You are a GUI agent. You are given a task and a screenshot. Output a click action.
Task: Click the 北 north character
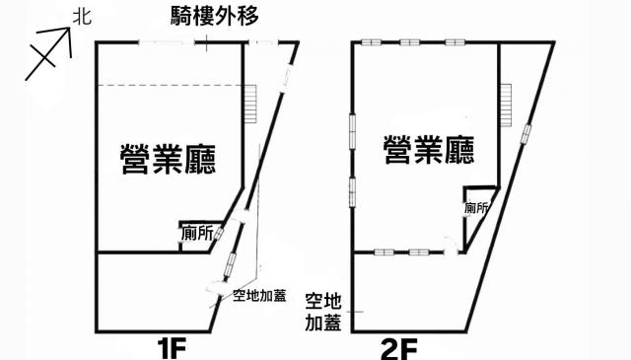tap(83, 18)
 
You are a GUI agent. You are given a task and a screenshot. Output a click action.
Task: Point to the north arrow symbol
tap(48, 53)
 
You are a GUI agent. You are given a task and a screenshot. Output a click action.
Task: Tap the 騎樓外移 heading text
tap(215, 17)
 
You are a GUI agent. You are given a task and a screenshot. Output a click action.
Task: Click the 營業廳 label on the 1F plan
tap(169, 159)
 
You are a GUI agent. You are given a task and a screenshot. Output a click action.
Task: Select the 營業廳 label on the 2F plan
tap(429, 149)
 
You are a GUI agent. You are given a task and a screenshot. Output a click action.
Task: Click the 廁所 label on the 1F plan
tap(197, 234)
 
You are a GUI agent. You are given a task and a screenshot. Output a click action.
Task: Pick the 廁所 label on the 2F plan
tap(476, 208)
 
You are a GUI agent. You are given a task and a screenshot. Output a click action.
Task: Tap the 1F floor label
tap(172, 348)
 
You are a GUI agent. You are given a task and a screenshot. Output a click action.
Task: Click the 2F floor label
tap(398, 349)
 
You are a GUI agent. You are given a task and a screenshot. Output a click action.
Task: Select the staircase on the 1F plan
tap(250, 104)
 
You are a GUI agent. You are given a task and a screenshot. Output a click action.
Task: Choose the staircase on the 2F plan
tap(506, 105)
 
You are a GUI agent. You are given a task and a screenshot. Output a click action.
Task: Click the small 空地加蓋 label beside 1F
tap(259, 296)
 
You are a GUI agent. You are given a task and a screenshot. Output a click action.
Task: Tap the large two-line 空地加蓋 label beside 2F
tap(323, 312)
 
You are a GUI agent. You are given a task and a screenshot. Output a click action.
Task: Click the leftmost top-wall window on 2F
tap(371, 41)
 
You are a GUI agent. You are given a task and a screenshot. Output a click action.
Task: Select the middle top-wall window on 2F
tap(410, 41)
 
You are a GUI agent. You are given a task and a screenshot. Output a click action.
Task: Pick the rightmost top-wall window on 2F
tap(456, 41)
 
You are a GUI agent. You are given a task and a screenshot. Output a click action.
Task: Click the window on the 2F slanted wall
tap(526, 134)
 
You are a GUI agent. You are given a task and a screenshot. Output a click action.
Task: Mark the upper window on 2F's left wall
tap(353, 131)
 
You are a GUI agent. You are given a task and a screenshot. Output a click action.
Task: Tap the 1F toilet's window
tap(219, 234)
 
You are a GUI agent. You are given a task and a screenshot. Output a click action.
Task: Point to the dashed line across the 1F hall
tap(171, 86)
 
